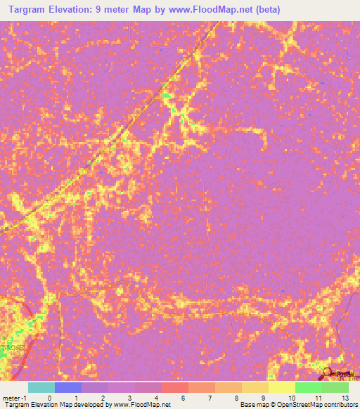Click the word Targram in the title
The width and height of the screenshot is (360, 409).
(28, 10)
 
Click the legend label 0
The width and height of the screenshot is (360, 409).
(49, 398)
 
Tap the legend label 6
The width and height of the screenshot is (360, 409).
(183, 398)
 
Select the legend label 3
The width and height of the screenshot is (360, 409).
(129, 398)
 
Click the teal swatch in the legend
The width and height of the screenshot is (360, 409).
(41, 387)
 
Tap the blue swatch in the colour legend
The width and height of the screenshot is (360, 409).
(67, 387)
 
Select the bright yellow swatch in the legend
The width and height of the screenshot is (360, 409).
(281, 387)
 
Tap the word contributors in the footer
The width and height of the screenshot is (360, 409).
(337, 405)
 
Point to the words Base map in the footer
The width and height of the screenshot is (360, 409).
(251, 405)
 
